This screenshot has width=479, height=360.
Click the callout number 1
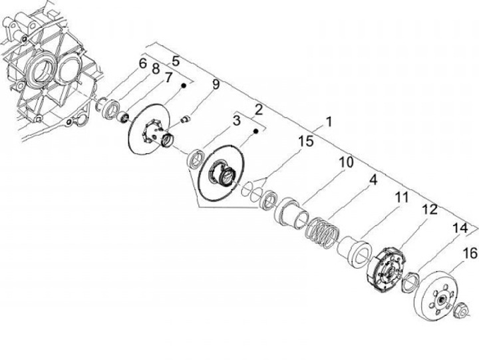[328, 122]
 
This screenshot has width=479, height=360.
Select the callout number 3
[236, 120]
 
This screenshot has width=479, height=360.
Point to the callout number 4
[374, 180]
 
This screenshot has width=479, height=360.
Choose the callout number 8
[156, 69]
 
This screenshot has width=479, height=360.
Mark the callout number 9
[216, 84]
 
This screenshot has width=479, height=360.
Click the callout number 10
[345, 162]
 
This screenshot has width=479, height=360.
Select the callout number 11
[400, 197]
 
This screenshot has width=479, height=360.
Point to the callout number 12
[429, 210]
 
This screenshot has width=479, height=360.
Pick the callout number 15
[305, 142]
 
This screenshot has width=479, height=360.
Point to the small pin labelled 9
[186, 119]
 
